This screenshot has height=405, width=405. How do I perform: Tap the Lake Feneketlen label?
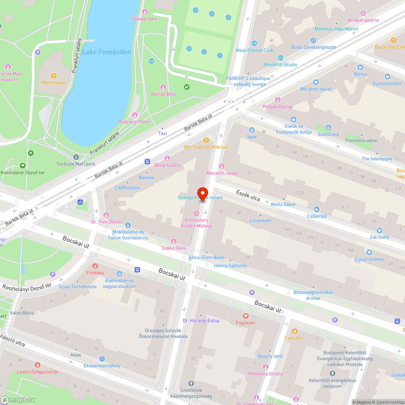point(107,52)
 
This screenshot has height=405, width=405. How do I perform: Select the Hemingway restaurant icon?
point(53,76)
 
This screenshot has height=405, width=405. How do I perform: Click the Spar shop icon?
point(252,130)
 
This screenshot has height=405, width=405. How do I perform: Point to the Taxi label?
point(162,133)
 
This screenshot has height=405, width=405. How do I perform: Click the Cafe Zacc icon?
point(294,331)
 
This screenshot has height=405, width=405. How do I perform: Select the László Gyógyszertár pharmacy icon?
point(38,365)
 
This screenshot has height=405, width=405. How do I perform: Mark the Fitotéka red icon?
point(95,266)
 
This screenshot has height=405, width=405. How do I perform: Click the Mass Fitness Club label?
point(254,50)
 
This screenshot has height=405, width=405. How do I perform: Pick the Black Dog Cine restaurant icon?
point(393,40)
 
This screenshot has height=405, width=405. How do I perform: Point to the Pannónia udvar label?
point(362,140)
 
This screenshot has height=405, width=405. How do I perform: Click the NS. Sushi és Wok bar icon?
point(206,140)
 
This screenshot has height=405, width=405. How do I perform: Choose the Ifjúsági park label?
point(144,19)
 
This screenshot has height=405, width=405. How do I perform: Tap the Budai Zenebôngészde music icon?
point(313,40)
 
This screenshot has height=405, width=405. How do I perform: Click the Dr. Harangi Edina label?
point(201,321)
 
